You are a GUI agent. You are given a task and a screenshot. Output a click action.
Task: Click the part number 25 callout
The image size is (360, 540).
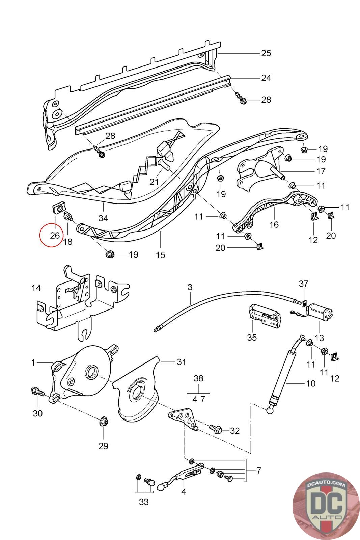(x=266, y=53)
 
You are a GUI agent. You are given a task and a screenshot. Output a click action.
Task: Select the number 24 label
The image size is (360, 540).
(x=266, y=78)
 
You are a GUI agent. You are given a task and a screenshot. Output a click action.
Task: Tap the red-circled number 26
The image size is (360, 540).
(x=55, y=235)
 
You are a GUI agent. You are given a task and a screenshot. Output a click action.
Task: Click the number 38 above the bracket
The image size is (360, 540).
(x=198, y=379)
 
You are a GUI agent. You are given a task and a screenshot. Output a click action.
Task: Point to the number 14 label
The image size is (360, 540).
(x=36, y=288)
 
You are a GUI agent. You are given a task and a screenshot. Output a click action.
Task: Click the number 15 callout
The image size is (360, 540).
(x=161, y=254)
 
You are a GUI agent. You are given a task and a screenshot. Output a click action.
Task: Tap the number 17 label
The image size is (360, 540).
(x=321, y=171)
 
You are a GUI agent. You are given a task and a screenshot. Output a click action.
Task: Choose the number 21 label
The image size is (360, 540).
(x=154, y=182)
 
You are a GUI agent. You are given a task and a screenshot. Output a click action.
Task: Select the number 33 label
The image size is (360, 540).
(x=144, y=502)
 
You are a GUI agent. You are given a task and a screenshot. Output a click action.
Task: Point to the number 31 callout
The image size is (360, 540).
(x=182, y=362)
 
